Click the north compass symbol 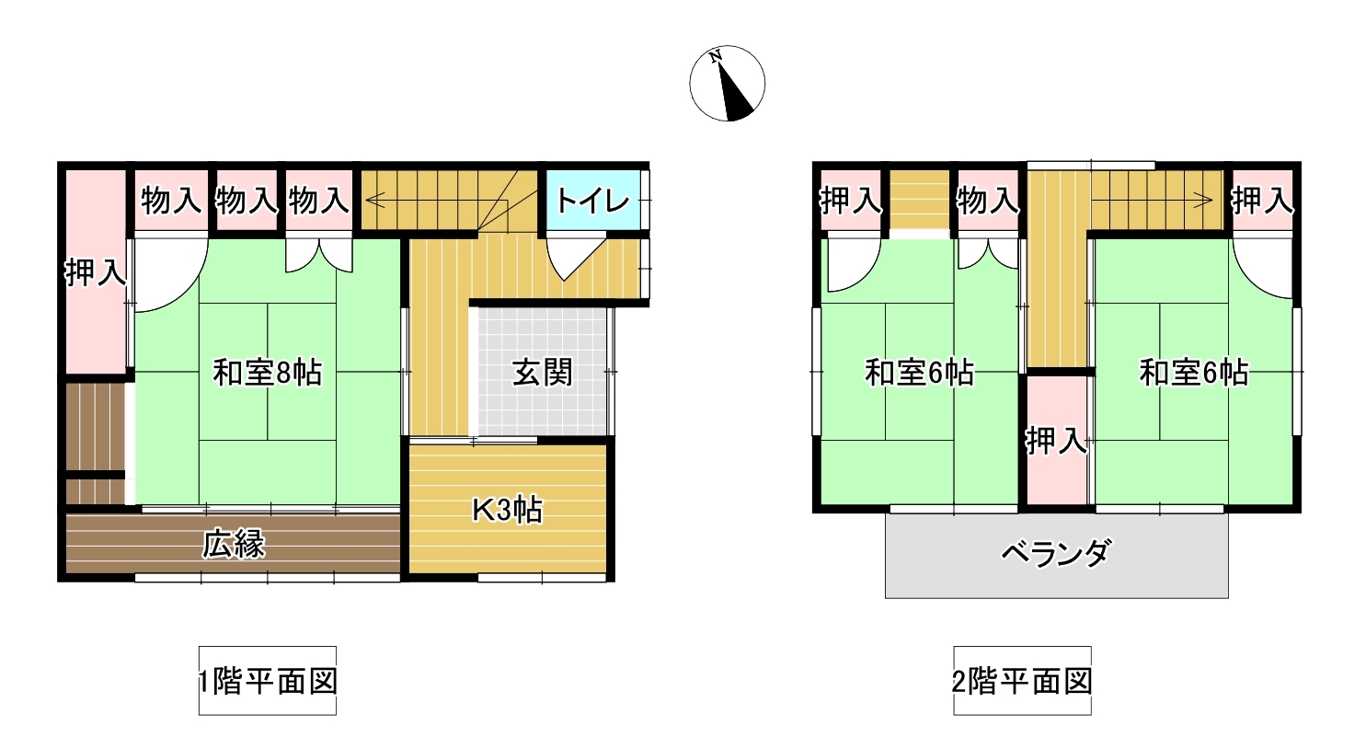(727, 84)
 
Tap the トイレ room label (592, 202)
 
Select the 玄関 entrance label (542, 373)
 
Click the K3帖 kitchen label (508, 510)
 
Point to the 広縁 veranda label (234, 545)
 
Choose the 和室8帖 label (267, 373)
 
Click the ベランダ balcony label (1056, 553)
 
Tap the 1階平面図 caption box (268, 681)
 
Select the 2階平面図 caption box (1023, 681)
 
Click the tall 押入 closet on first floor (96, 272)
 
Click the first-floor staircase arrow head (373, 200)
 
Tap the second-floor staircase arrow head (1204, 200)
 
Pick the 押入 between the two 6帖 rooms (1057, 441)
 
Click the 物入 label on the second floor (988, 201)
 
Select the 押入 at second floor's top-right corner (1262, 201)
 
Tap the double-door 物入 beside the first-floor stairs (319, 201)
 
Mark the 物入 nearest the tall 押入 (171, 201)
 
